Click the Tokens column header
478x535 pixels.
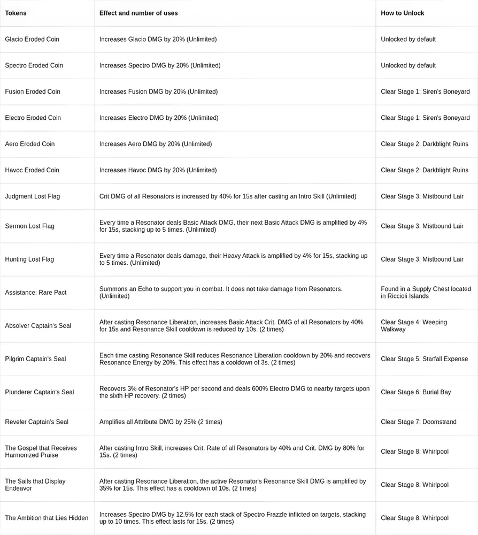16,13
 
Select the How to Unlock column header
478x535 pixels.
402,13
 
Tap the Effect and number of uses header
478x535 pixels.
138,13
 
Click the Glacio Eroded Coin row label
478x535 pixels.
32,39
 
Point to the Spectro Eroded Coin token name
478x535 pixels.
34,65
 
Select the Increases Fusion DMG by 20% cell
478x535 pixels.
158,91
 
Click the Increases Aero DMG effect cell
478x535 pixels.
155,144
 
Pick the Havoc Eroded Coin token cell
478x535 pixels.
32,170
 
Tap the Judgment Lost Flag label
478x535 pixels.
32,196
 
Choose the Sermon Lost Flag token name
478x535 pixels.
29,226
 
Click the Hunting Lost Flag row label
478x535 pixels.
29,259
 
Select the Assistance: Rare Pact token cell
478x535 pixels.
36,293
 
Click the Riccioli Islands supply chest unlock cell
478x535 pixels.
426,293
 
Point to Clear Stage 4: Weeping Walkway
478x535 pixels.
414,326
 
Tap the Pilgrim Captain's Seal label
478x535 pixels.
35,359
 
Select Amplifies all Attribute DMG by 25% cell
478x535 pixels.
160,422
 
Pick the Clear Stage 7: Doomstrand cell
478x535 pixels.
418,422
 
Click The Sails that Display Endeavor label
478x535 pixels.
35,485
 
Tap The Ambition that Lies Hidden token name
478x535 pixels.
47,518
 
